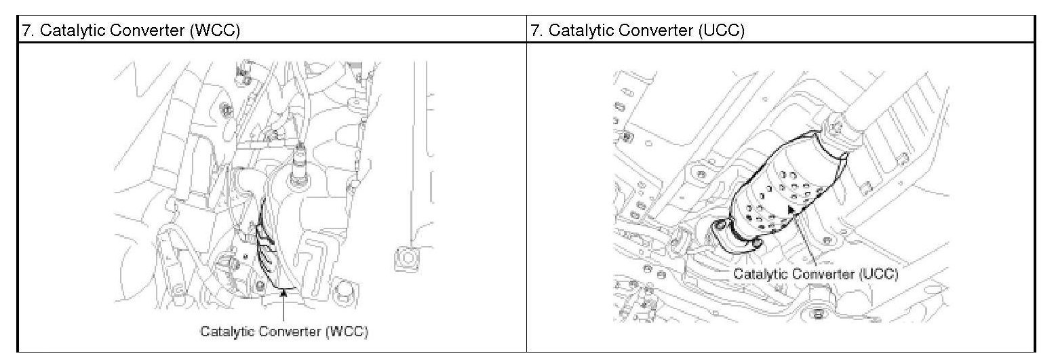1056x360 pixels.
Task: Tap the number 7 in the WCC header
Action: [x=26, y=31]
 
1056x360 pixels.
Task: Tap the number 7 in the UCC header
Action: [x=534, y=31]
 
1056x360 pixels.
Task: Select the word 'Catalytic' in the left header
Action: [x=68, y=31]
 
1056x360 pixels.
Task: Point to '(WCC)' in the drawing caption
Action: [x=347, y=332]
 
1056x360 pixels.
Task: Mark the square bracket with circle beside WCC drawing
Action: [x=405, y=258]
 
